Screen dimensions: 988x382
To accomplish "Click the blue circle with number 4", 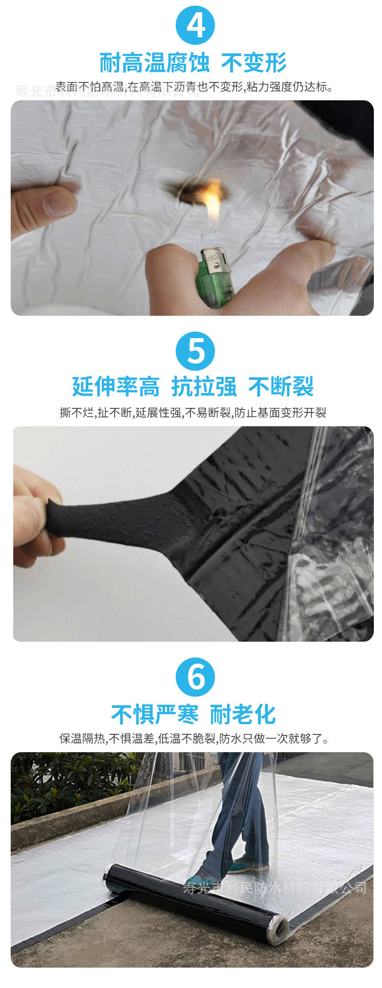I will click(x=196, y=25).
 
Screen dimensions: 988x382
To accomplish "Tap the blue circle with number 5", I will click(x=196, y=351).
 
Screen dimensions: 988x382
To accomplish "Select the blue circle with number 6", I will click(x=196, y=677).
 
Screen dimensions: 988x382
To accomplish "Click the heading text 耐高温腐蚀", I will click(x=154, y=63).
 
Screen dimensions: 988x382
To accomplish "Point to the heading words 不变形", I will click(x=254, y=63).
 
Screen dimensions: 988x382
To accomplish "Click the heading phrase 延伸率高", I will click(x=116, y=387).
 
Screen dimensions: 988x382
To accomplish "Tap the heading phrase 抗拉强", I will click(x=204, y=387).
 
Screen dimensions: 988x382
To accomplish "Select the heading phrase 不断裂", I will click(x=281, y=387).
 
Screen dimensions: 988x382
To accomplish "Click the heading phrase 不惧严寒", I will click(x=155, y=714).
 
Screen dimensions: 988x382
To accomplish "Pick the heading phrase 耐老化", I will click(x=243, y=714).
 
